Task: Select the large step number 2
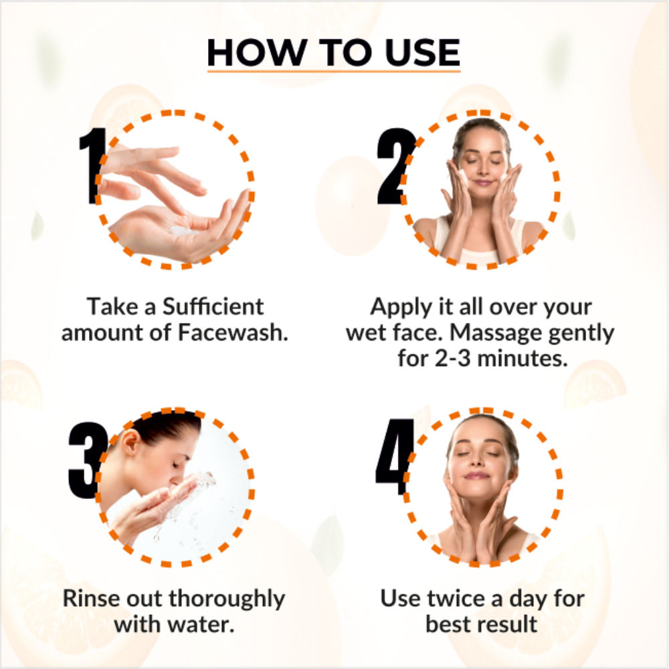(x=395, y=167)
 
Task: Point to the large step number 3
(x=88, y=460)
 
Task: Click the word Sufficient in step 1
(x=213, y=306)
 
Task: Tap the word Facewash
(x=233, y=332)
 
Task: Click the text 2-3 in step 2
(x=453, y=359)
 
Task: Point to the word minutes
(x=522, y=359)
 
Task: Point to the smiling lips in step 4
(x=476, y=475)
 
